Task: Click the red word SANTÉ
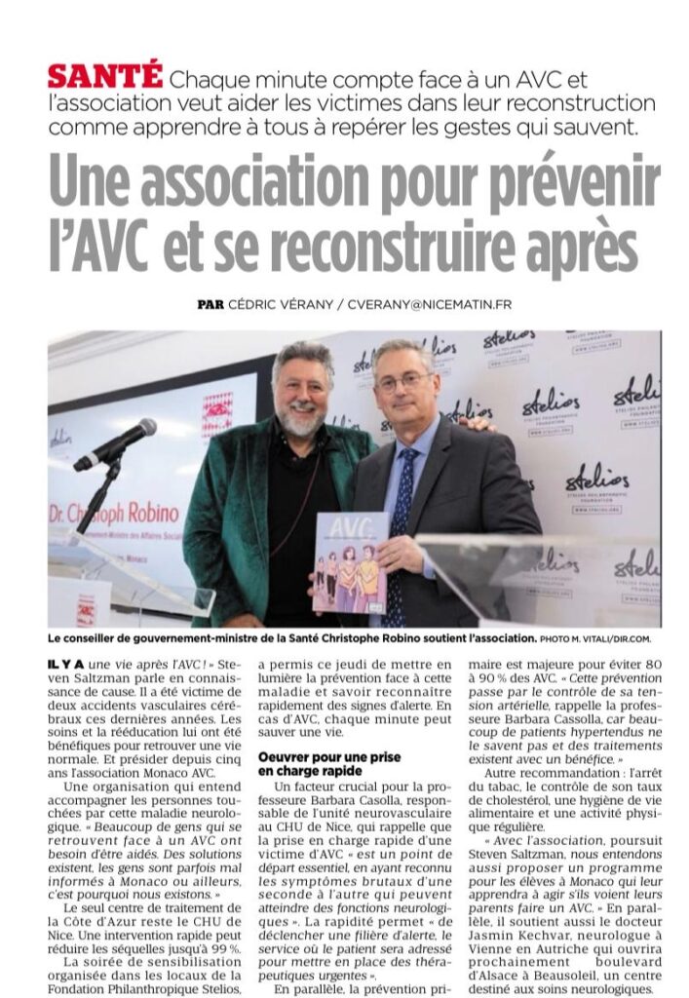(x=105, y=76)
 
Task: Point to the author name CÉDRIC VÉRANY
(x=279, y=304)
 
